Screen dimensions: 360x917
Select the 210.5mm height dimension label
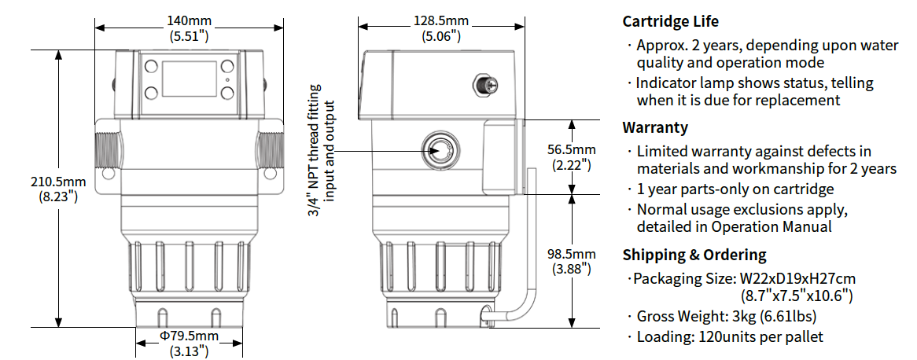point(57,189)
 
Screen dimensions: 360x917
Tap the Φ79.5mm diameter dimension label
point(189,343)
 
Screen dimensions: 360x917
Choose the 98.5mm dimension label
point(572,261)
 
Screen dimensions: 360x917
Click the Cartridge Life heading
point(670,21)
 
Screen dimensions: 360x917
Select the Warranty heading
point(655,127)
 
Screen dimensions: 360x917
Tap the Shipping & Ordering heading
point(694,255)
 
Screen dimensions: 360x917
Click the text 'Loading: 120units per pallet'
point(730,336)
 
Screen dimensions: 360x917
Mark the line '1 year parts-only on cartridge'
point(735,189)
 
